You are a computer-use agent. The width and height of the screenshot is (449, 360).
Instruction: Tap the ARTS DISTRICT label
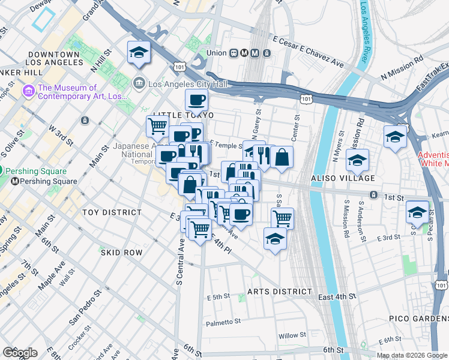click(280, 292)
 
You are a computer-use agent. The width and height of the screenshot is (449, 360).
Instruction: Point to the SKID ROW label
click(121, 253)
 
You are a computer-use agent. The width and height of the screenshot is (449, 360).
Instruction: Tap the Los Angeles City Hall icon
click(139, 83)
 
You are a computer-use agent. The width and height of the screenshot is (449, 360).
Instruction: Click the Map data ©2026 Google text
click(412, 355)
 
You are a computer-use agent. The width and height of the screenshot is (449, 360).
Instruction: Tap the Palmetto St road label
click(223, 323)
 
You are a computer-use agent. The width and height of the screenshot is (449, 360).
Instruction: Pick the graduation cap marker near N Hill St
click(139, 52)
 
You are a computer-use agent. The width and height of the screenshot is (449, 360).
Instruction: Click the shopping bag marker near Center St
click(282, 158)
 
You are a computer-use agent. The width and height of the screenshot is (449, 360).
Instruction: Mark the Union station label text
click(217, 53)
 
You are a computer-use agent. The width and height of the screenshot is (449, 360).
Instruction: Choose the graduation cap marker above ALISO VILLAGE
click(357, 160)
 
